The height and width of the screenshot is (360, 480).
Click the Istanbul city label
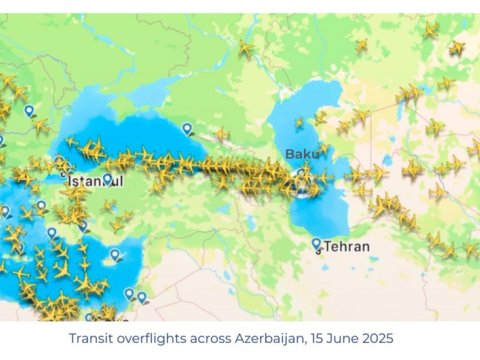[x=92, y=181]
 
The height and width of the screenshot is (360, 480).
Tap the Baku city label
[x=304, y=153]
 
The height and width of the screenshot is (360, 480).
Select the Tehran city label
[x=346, y=246]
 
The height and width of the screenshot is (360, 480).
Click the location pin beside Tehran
[x=316, y=242]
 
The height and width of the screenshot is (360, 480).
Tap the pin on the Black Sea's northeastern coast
[x=187, y=127]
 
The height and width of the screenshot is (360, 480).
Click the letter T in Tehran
[x=327, y=246]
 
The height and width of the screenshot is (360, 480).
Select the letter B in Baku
[x=290, y=153]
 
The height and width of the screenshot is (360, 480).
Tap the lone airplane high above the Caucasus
[x=245, y=47]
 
